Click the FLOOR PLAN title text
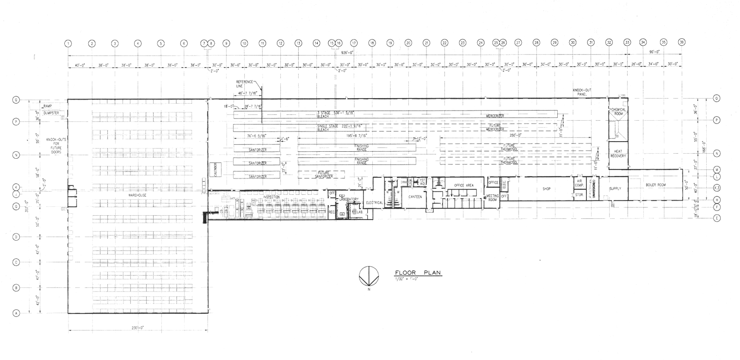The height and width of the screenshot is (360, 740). point(415,273)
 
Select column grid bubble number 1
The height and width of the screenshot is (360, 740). point(68,43)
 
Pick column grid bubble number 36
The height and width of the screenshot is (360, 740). point(681,43)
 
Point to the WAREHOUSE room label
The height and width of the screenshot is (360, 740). point(137,195)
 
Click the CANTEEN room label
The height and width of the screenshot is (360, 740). point(415,197)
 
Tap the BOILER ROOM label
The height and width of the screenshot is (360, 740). point(655,185)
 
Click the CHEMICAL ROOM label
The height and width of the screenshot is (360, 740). point(618,112)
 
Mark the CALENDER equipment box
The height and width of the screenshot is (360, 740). point(215,169)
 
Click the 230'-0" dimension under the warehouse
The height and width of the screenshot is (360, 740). point(137,328)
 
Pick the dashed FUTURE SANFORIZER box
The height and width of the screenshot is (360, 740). point(321,174)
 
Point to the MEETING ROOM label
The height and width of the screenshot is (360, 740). point(493,198)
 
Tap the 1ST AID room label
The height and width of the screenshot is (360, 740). point(422,181)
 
